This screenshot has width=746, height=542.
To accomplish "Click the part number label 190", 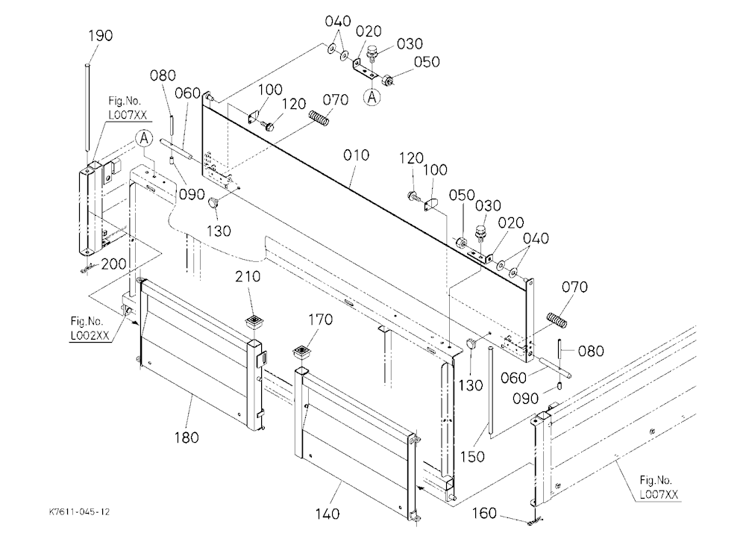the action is (101, 36).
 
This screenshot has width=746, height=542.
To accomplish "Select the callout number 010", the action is (356, 155).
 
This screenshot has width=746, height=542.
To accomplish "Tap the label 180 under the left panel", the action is (186, 437).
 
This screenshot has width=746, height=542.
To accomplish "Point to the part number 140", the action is (327, 514).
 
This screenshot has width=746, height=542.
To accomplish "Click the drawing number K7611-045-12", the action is (79, 512).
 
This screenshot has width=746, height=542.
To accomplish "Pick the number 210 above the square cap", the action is (248, 277).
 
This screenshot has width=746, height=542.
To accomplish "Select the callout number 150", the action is (472, 457).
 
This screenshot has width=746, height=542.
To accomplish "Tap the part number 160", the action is (484, 514).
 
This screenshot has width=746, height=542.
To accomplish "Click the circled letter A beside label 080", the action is (143, 139).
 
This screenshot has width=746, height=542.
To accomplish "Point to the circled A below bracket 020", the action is (372, 97).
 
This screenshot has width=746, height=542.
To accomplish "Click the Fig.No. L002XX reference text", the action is (90, 328).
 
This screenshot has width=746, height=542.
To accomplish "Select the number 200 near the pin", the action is (113, 264).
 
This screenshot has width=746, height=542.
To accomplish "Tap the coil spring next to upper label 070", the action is (319, 118).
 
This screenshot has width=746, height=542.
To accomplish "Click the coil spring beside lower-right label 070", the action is (557, 320).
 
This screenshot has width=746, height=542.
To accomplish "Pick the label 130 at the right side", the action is (471, 384).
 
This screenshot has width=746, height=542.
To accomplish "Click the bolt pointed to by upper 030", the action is (372, 53).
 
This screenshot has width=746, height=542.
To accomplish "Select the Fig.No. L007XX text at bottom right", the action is (659, 488).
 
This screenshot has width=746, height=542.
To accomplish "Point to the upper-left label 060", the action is (187, 93).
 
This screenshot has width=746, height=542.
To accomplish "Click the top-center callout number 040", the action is (338, 22).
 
